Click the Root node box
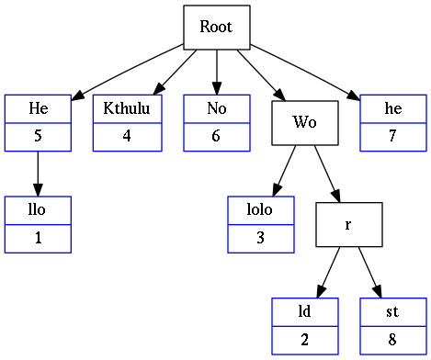pos(216,28)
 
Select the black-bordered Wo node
pos(305,122)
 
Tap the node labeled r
pos(349,223)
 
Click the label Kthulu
pos(127,108)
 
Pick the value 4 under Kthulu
pos(127,137)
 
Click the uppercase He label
pos(38,108)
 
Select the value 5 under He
pos(38,137)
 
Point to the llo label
pos(38,209)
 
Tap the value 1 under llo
pos(38,238)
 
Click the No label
pos(216,108)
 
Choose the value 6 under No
pos(216,137)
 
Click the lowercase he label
pos(393,108)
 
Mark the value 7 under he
pos(393,137)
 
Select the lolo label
pos(261,209)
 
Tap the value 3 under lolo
pos(261,238)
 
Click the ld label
pos(304,311)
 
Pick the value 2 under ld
pos(304,340)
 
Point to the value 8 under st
pos(393,340)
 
